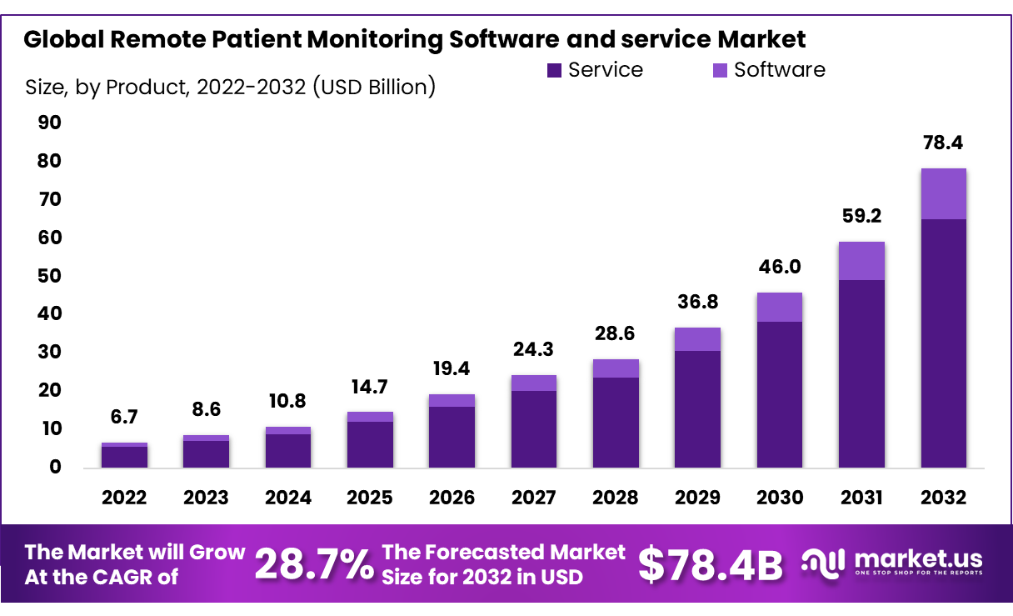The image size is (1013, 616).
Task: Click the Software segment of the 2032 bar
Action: (x=943, y=193)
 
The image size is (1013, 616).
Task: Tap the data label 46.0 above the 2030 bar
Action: (x=780, y=267)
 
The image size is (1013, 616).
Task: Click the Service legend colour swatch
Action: (x=554, y=71)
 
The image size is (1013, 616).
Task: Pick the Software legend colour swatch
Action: (x=720, y=71)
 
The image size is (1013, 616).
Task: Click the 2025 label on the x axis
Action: (x=370, y=498)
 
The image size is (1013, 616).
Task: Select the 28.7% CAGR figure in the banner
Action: (x=313, y=564)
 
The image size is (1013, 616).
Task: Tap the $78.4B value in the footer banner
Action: (x=710, y=564)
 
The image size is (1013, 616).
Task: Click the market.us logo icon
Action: (x=823, y=562)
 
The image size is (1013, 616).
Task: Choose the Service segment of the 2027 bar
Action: (x=534, y=428)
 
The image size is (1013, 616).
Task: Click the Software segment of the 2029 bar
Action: (x=698, y=339)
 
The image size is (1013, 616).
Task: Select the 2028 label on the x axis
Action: (x=616, y=498)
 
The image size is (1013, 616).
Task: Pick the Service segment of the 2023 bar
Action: (x=206, y=453)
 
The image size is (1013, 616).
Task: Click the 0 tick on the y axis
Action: (x=55, y=467)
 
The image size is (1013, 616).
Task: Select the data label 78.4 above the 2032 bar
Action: (x=943, y=143)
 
